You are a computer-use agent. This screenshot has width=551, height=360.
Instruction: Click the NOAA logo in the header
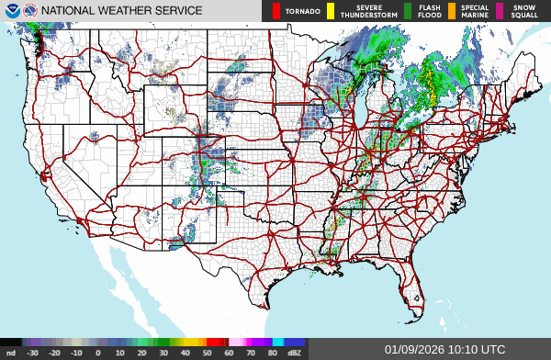[11, 10]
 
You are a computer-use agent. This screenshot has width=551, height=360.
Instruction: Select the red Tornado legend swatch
[275, 11]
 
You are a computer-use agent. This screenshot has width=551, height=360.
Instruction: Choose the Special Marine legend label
[475, 11]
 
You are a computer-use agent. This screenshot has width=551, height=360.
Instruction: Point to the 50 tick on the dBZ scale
[207, 353]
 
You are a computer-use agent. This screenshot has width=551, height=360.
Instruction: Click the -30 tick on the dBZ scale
[32, 353]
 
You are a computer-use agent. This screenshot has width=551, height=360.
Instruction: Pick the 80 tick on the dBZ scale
[272, 353]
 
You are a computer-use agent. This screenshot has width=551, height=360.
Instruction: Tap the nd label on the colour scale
[9, 353]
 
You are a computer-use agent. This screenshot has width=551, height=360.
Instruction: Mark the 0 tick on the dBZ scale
[97, 353]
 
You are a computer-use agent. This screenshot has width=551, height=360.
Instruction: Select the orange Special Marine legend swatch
[453, 11]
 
